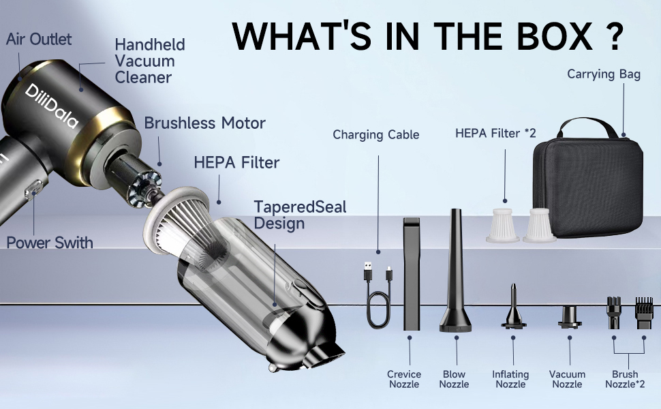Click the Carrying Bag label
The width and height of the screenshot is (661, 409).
pos(604,74)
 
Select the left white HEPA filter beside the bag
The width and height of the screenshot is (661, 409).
pos(502,225)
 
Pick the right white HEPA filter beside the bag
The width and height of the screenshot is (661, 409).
pos(540,225)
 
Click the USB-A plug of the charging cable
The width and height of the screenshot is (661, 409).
pos(368,271)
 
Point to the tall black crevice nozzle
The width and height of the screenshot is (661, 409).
pos(412,274)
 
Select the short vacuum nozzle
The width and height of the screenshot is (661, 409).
pos(570,317)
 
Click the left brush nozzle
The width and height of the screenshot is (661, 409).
pos(614,312)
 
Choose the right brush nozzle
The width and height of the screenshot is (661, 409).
pos(644,312)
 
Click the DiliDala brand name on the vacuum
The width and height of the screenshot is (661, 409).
pos(52,106)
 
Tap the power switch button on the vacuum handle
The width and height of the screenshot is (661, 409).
pos(33,190)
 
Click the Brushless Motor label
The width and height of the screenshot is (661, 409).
pos(205,123)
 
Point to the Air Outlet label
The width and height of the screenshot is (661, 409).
pos(39,40)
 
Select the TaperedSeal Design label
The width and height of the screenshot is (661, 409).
pos(300,215)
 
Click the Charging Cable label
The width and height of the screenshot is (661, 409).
pos(376,134)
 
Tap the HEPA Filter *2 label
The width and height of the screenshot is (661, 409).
pos(496,133)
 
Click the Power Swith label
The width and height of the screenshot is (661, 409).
pos(50,243)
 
